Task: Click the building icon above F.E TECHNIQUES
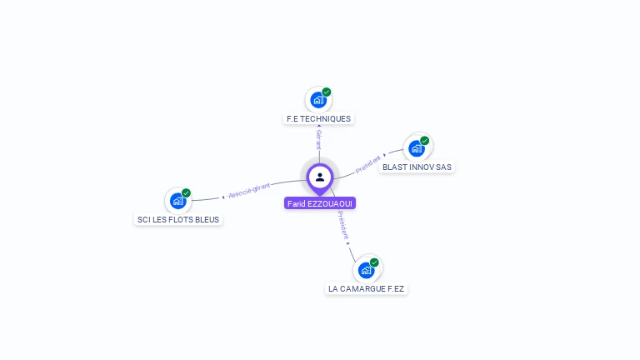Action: (317, 100)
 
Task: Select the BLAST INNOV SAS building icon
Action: (416, 148)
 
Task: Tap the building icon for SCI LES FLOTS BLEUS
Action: (177, 200)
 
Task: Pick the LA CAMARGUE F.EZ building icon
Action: (366, 270)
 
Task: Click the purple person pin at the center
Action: (320, 177)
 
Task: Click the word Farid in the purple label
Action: (296, 203)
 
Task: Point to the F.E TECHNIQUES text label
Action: (318, 119)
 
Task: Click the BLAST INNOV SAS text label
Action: (417, 167)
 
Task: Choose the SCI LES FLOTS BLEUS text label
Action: (179, 220)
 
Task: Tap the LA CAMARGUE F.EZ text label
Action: (366, 289)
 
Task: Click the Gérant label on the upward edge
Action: (318, 139)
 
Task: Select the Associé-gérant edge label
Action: (249, 192)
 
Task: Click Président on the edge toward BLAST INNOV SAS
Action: (368, 164)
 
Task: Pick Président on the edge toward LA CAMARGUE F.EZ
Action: (343, 225)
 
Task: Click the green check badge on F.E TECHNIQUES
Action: (327, 92)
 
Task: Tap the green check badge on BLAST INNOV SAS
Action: (425, 141)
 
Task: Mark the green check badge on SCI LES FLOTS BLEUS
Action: (186, 192)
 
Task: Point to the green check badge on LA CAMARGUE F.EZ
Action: (374, 262)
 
